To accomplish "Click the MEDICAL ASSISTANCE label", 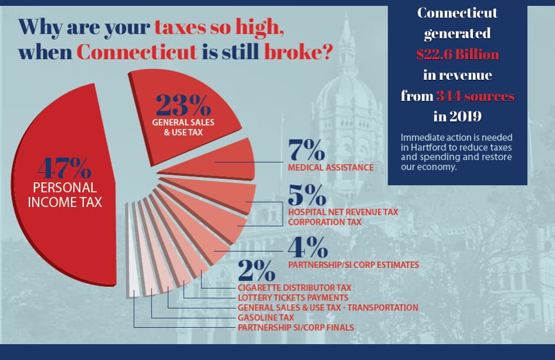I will click(x=330, y=168).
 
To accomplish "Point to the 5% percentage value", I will click(x=306, y=195).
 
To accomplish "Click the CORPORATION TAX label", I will click(x=324, y=222).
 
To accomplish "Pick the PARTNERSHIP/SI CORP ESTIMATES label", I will click(x=353, y=265).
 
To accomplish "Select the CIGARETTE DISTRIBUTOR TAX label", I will click(x=295, y=288).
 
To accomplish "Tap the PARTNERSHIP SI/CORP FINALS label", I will click(x=296, y=327).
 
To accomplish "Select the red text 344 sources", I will click(x=475, y=96).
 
